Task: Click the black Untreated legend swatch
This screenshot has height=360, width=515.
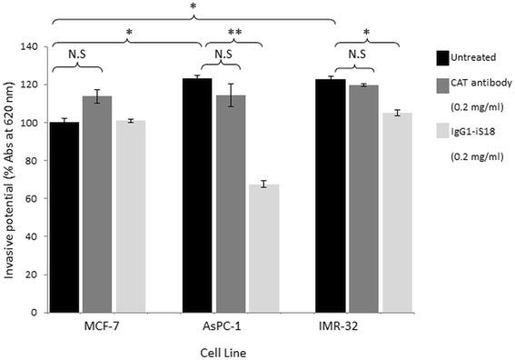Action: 444,57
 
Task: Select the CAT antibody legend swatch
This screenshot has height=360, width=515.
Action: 444,85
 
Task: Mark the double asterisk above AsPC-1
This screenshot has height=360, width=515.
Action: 233,31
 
